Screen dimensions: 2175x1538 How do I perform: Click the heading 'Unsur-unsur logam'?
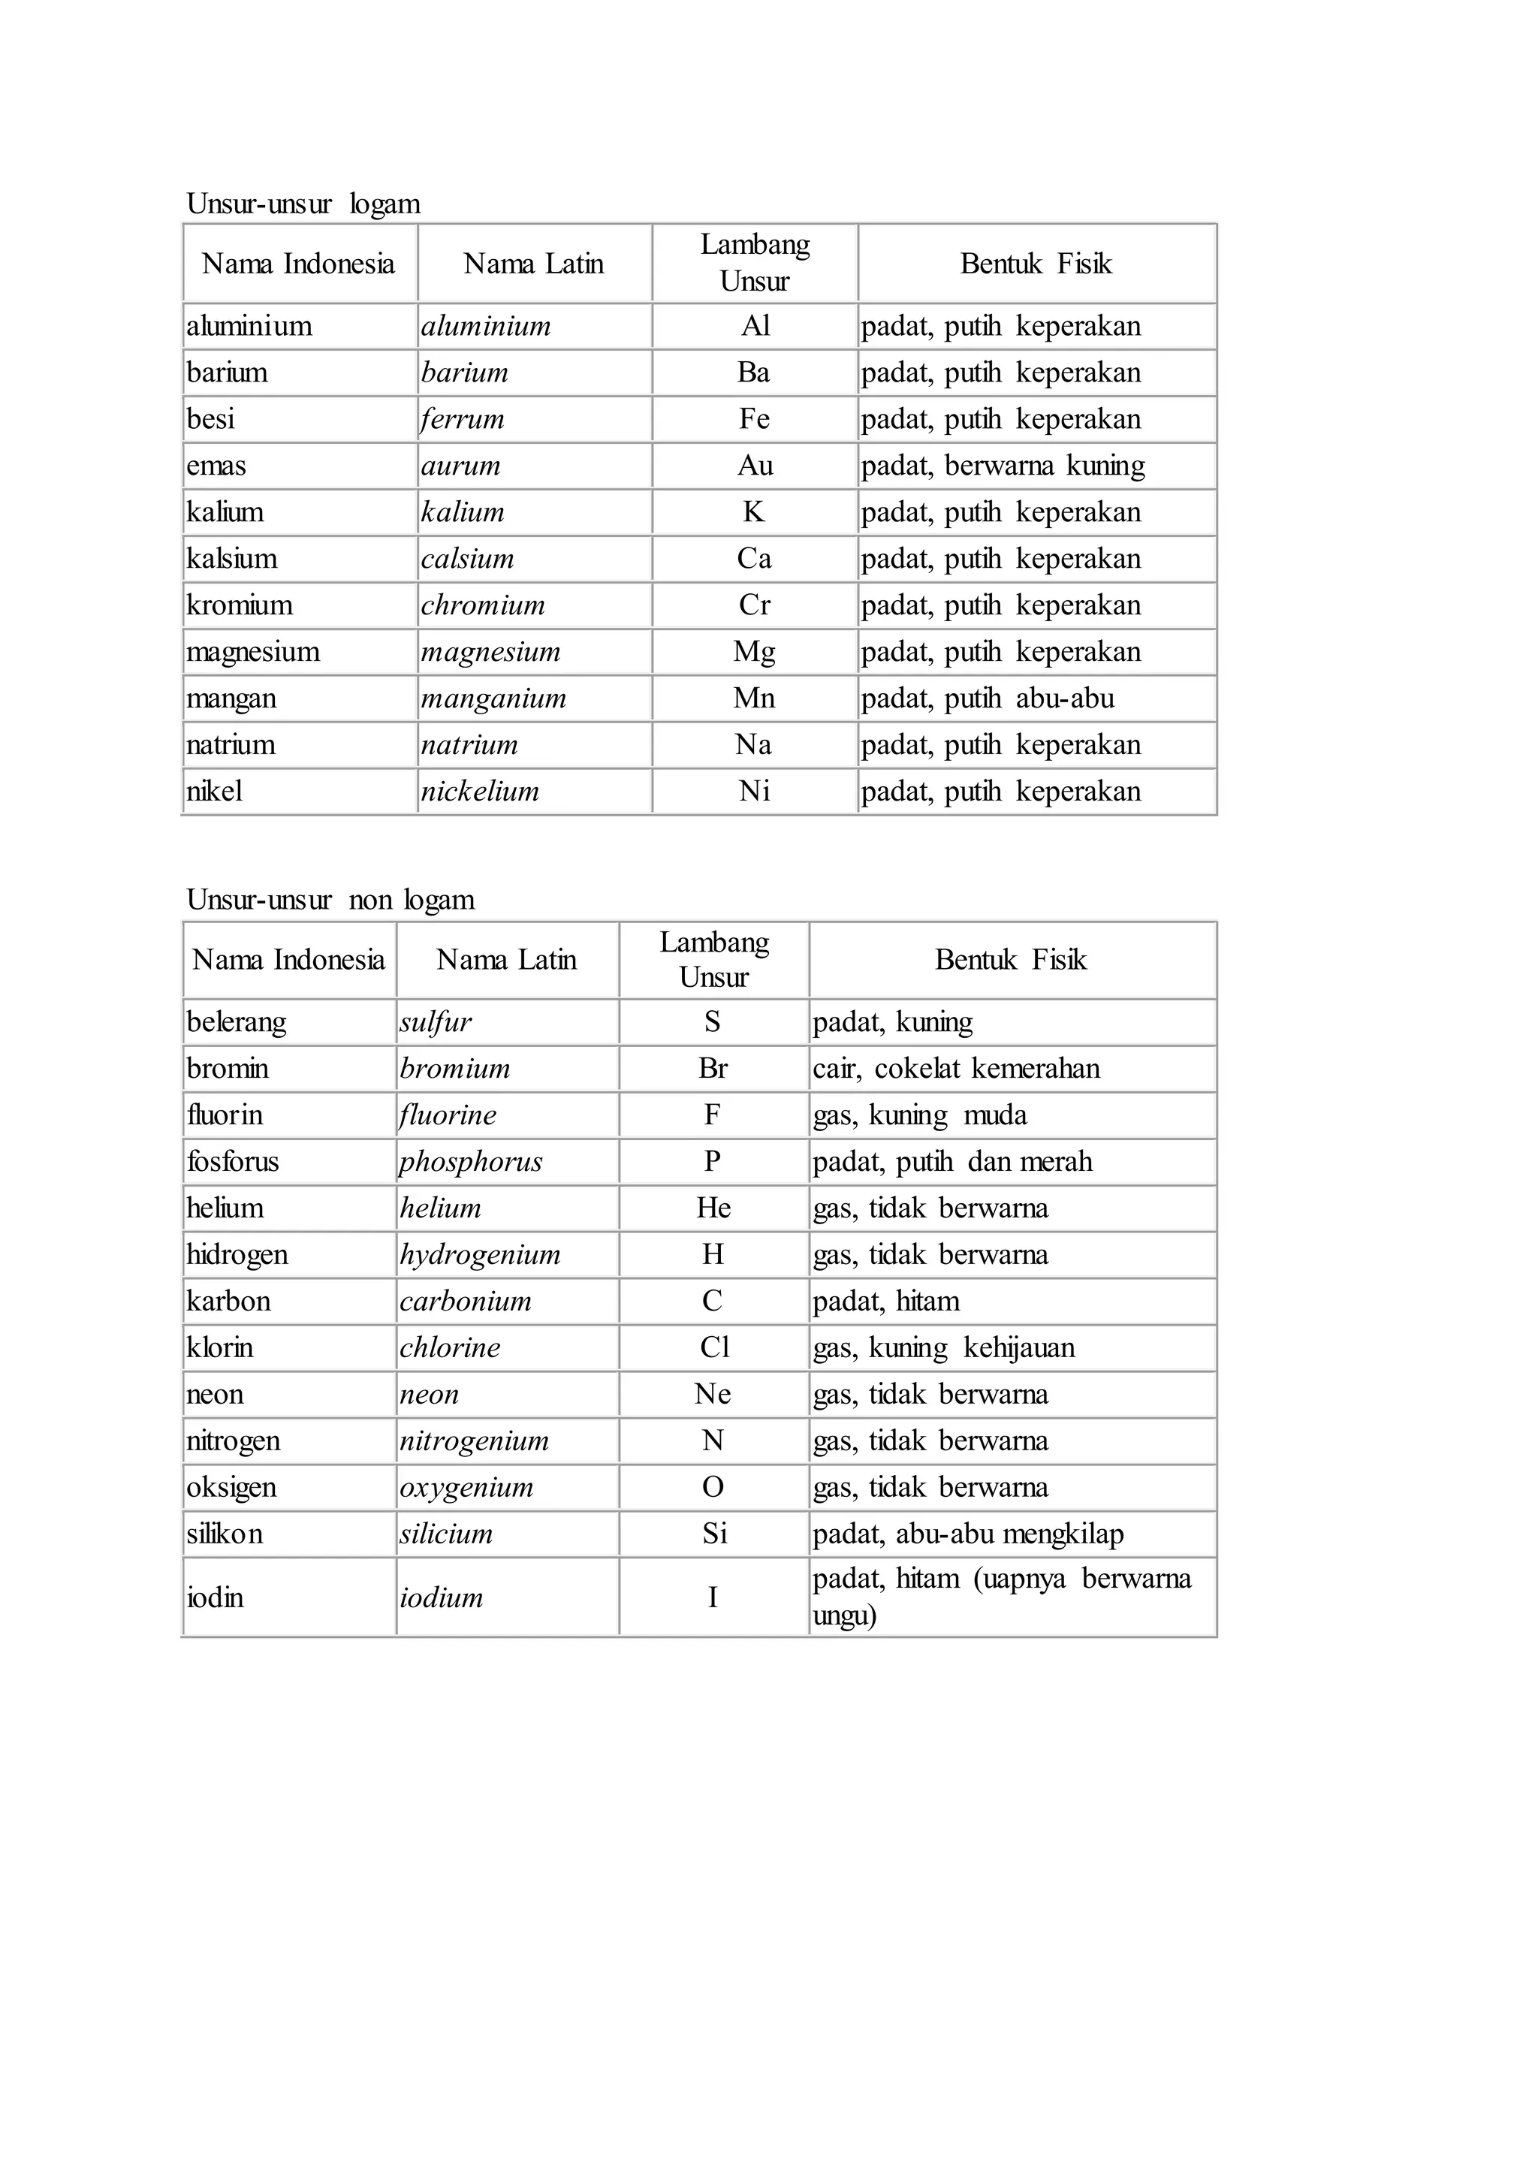pyautogui.click(x=303, y=204)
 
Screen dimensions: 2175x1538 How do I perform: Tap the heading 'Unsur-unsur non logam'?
pyautogui.click(x=330, y=899)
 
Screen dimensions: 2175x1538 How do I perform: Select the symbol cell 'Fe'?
pyautogui.click(x=755, y=419)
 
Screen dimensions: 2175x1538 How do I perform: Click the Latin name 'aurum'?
pyautogui.click(x=461, y=466)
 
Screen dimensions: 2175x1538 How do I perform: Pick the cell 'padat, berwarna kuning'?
pyautogui.click(x=1003, y=466)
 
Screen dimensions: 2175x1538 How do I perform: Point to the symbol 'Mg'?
pyautogui.click(x=755, y=652)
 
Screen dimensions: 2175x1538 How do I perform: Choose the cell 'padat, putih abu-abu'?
pyautogui.click(x=988, y=698)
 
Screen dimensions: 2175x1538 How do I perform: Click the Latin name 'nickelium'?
pyautogui.click(x=480, y=791)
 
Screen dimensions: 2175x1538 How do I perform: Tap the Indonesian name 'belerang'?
pyautogui.click(x=236, y=1022)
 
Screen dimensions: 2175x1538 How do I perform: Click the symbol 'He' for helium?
pyautogui.click(x=713, y=1208)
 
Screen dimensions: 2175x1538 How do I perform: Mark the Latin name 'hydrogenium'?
pyautogui.click(x=480, y=1255)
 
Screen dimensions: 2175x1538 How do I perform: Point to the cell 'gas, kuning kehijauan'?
pyautogui.click(x=944, y=1348)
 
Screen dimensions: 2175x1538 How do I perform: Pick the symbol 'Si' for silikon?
pyautogui.click(x=714, y=1534)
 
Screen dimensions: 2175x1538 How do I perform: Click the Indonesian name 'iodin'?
pyautogui.click(x=215, y=1598)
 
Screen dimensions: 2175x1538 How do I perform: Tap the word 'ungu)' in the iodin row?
pyautogui.click(x=845, y=1615)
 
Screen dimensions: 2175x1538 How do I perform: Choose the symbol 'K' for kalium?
pyautogui.click(x=754, y=512)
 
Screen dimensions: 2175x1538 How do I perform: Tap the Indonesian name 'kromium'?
pyautogui.click(x=240, y=605)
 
